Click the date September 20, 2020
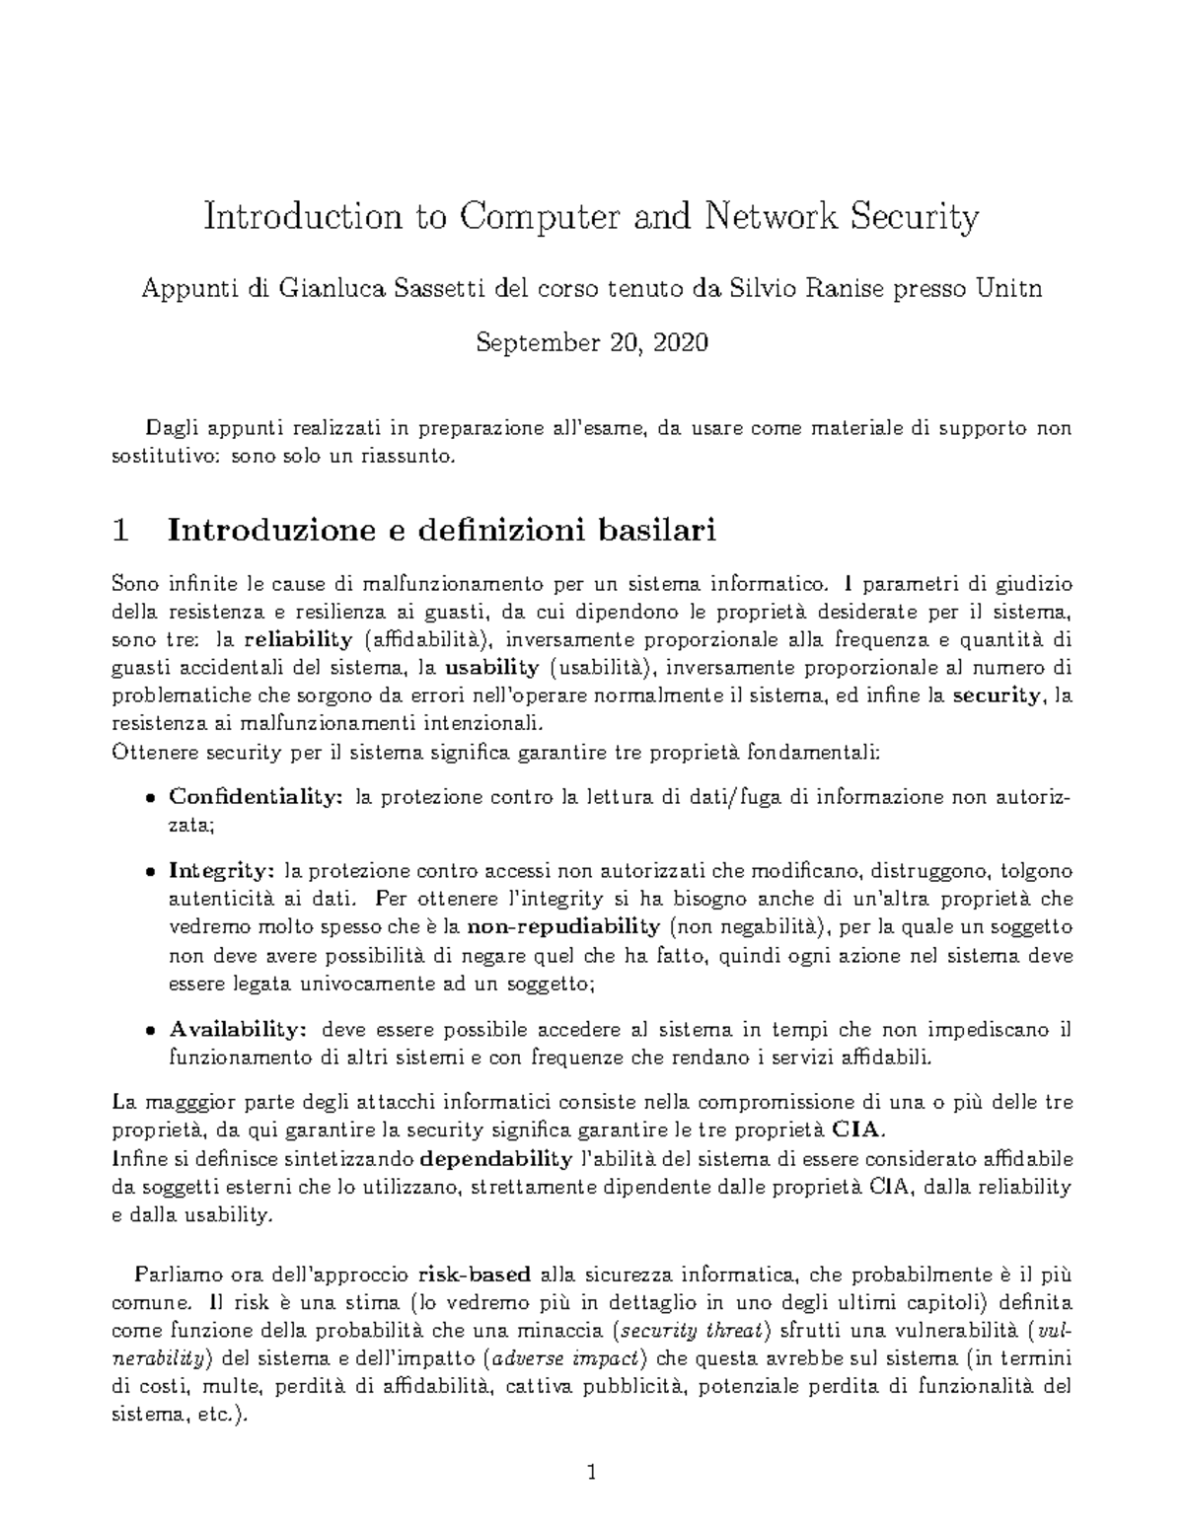click(591, 343)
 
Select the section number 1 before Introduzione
click(121, 531)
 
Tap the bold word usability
click(492, 668)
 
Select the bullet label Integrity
click(221, 871)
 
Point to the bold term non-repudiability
click(563, 927)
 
